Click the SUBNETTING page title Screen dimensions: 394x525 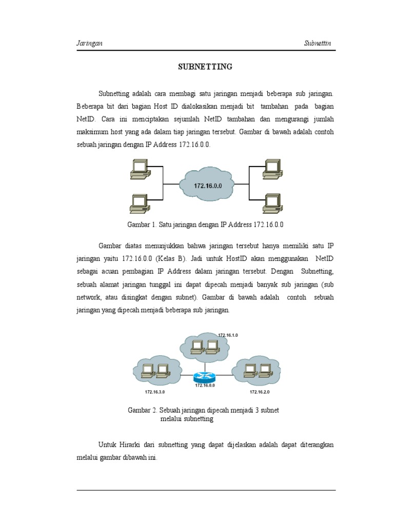[x=205, y=67]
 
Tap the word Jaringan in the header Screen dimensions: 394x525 [x=89, y=44]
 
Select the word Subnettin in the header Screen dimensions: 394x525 [x=318, y=44]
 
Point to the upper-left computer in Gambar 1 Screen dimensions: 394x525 [x=139, y=169]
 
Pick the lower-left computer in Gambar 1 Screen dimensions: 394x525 [x=139, y=203]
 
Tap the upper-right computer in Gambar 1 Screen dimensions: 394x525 [x=272, y=169]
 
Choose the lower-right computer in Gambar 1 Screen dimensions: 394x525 [x=272, y=203]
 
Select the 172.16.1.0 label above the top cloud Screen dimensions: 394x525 [x=228, y=335]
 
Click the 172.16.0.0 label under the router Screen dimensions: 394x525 [x=205, y=386]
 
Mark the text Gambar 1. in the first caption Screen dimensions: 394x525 [x=142, y=225]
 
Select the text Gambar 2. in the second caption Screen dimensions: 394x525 [x=142, y=411]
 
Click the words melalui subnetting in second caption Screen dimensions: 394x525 [x=187, y=419]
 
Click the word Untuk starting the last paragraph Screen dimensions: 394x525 [x=107, y=445]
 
